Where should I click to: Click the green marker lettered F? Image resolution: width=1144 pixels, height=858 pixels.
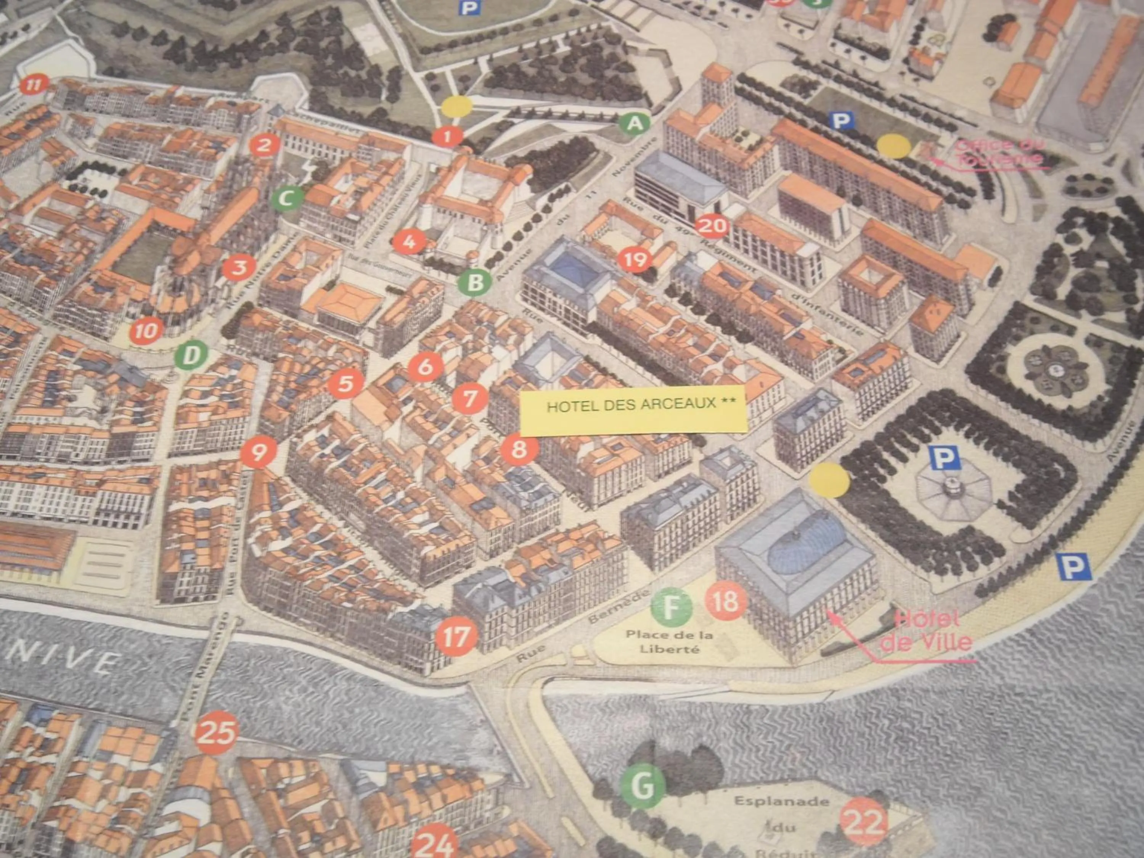671,607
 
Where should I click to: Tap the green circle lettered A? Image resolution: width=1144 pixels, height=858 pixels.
635,124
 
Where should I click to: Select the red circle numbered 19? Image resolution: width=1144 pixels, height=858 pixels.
635,259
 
